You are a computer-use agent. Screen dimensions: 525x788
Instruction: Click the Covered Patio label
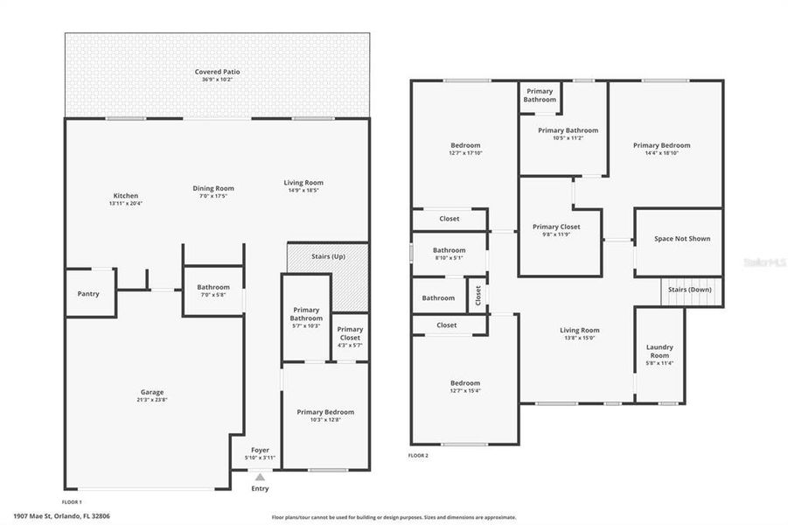[218, 72]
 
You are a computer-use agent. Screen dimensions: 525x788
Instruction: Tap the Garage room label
[153, 392]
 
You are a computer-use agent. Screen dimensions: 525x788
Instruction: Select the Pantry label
[88, 294]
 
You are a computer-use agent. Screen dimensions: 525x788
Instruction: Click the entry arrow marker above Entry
[260, 477]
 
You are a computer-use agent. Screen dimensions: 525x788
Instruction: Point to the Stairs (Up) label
[328, 256]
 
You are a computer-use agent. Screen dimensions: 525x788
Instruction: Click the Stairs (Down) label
[690, 289]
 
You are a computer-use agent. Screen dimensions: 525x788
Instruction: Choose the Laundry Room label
[659, 351]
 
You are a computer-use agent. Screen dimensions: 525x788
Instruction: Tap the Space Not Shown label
[682, 238]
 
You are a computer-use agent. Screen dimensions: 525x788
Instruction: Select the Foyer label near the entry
[260, 450]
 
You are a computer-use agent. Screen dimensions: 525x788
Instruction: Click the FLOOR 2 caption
[418, 456]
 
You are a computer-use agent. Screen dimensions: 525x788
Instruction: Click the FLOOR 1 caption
[72, 501]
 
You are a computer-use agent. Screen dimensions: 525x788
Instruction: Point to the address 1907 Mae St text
[61, 516]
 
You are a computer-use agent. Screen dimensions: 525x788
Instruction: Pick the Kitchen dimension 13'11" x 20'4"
[125, 203]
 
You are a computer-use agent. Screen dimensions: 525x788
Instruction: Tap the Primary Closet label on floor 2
[556, 227]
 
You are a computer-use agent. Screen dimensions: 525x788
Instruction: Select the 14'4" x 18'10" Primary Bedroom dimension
[662, 152]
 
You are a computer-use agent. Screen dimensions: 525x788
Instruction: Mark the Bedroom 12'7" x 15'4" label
[465, 383]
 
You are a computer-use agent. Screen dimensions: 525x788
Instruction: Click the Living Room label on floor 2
[580, 330]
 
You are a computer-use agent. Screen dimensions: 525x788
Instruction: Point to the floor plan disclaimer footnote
[394, 517]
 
